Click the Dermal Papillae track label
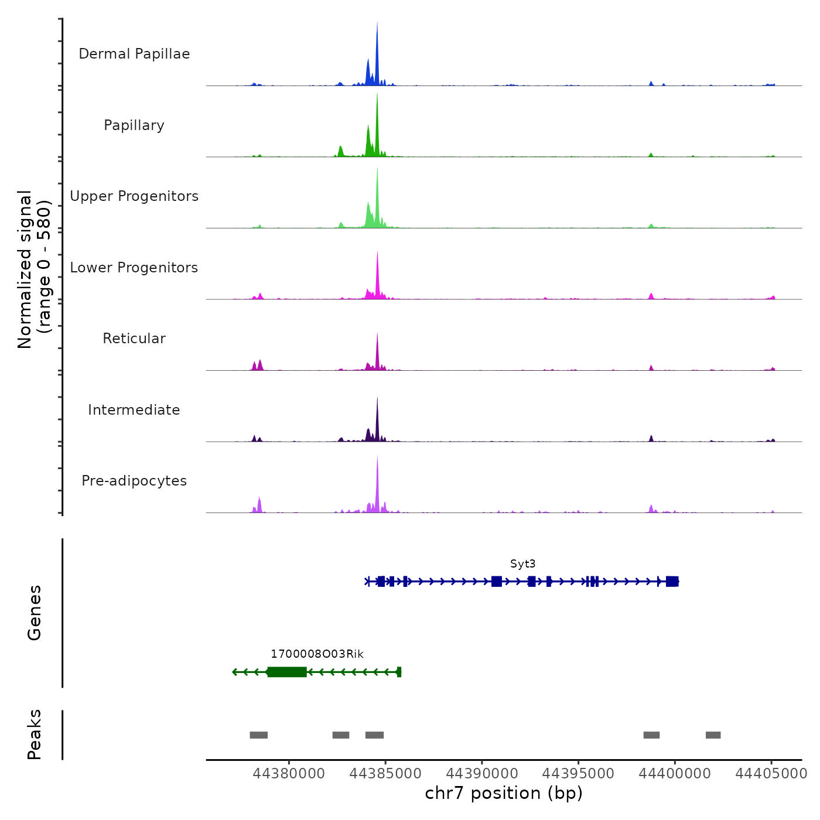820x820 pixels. click(x=134, y=54)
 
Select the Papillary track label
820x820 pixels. click(x=134, y=125)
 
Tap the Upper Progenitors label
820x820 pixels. click(x=134, y=196)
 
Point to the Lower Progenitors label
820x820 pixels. click(x=134, y=268)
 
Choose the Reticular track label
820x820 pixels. click(x=134, y=339)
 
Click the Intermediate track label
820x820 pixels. click(x=134, y=410)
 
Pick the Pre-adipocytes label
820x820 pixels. click(x=134, y=481)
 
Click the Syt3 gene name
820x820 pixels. click(x=522, y=564)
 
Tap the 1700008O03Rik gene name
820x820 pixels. click(x=317, y=654)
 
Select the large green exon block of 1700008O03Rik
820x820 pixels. click(x=287, y=672)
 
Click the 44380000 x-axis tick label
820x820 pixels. click(x=289, y=774)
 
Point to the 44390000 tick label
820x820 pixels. click(x=482, y=774)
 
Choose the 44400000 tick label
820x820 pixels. click(x=675, y=774)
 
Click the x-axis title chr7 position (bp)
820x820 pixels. click(x=504, y=793)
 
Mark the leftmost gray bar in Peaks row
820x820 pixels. click(x=258, y=735)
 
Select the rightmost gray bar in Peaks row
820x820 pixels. click(x=713, y=735)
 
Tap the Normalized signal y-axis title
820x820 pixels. click(x=34, y=269)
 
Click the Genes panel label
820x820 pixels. click(x=35, y=613)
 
